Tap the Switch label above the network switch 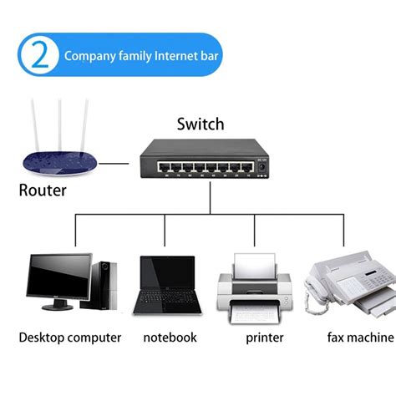201,124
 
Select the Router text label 43,190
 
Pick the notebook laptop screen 165,276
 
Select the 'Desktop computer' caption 70,338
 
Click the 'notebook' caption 170,338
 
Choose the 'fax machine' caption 360,338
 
